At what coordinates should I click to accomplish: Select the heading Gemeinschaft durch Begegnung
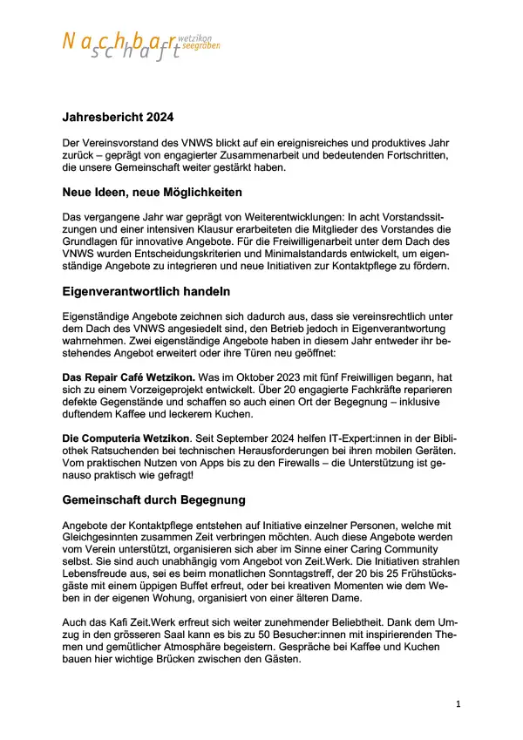(153, 501)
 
